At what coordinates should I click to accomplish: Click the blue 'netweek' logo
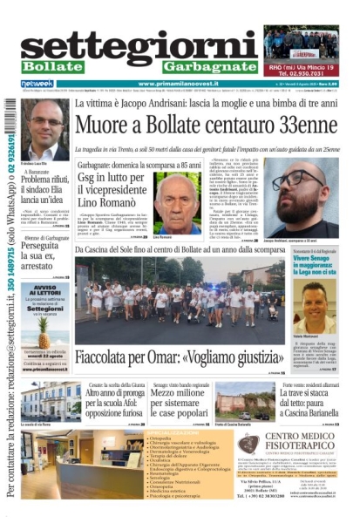click(x=37, y=84)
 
